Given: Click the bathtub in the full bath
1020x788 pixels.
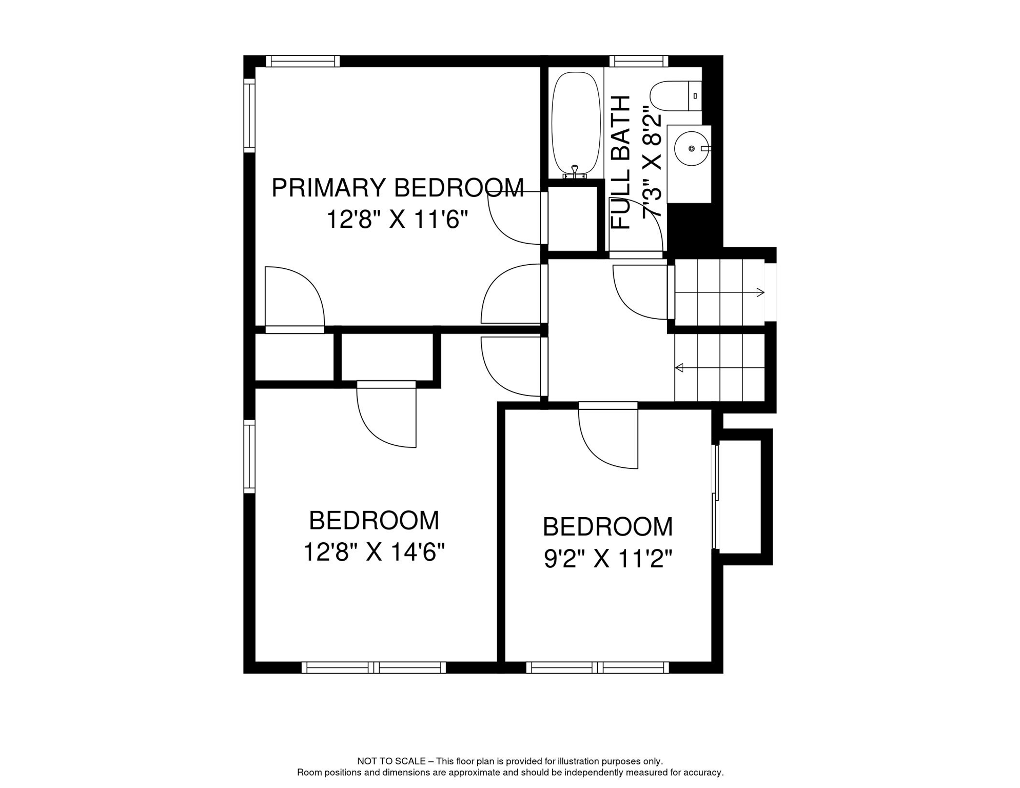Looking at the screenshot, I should click(x=576, y=123).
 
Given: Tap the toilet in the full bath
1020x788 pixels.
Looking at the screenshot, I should click(x=674, y=96).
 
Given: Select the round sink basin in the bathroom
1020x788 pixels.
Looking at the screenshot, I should click(x=691, y=148).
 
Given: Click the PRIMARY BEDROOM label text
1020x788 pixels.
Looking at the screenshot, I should click(x=398, y=188).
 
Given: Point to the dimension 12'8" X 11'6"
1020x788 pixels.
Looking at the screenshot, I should click(x=398, y=220).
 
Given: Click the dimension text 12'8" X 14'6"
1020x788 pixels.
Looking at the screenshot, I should click(x=374, y=553).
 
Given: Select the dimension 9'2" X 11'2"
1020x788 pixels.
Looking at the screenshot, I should click(x=607, y=559).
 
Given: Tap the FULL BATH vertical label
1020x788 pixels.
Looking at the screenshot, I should click(x=621, y=162).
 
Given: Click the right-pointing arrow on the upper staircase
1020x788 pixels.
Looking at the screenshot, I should click(x=760, y=292).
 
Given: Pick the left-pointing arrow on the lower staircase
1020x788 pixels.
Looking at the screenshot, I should click(x=679, y=367).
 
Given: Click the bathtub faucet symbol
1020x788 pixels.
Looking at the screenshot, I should click(x=575, y=171).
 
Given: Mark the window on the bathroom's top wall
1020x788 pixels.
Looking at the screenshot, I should click(x=639, y=61).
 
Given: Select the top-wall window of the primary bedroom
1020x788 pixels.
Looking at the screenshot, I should click(x=303, y=61).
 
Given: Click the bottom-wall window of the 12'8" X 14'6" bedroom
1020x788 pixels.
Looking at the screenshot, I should click(x=374, y=667).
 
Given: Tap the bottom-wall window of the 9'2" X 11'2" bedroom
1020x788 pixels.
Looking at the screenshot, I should click(x=597, y=667).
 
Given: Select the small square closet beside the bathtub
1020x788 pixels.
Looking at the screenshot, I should click(x=573, y=219).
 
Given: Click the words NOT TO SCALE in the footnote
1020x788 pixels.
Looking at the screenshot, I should click(x=391, y=761).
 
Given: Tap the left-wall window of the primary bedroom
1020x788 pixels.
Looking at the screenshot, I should click(x=249, y=115).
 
